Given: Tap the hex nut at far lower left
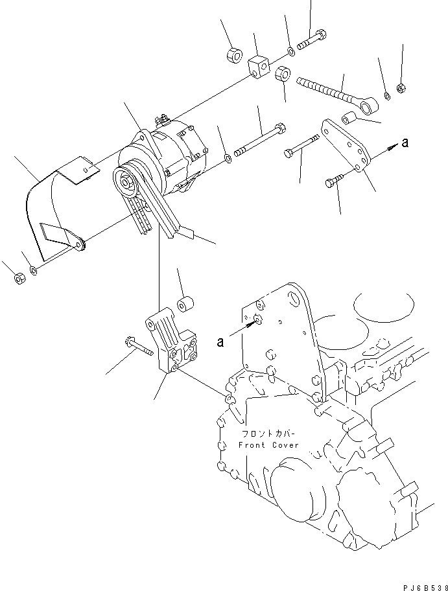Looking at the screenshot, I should (x=19, y=279).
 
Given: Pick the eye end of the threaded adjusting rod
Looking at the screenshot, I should (x=370, y=102).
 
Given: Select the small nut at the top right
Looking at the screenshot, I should (x=401, y=86).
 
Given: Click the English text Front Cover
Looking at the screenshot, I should (x=268, y=445).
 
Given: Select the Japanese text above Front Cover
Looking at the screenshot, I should (x=268, y=435).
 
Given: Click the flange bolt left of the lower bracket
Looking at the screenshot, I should (x=137, y=348).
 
